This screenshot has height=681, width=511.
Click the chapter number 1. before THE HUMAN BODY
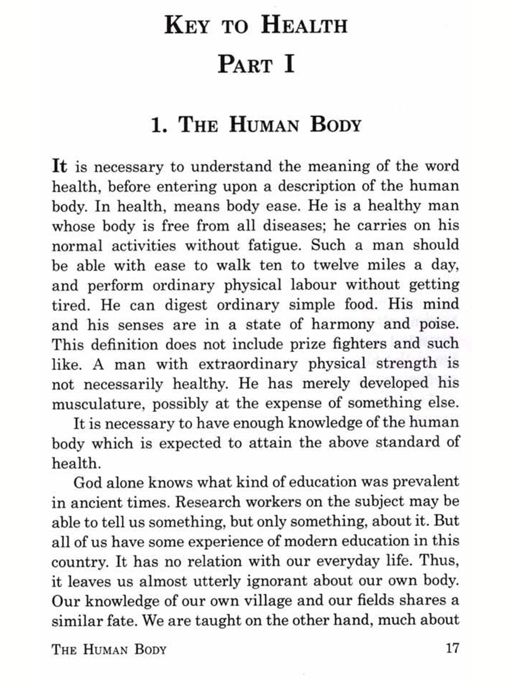[159, 125]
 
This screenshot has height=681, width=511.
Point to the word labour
[313, 285]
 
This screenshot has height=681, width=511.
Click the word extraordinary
[248, 364]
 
